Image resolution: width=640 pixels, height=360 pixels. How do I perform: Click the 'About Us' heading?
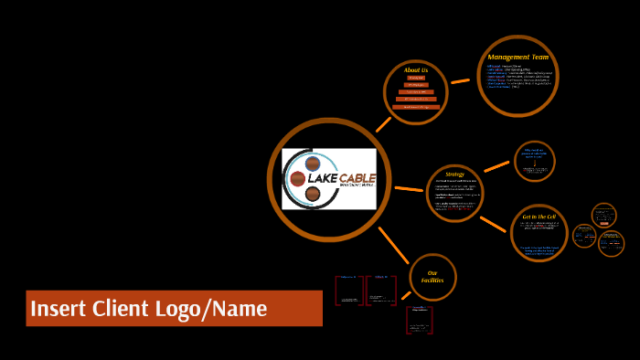416,70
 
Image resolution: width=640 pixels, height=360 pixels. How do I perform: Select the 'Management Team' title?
517,57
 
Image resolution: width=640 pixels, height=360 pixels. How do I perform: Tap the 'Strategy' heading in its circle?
454,174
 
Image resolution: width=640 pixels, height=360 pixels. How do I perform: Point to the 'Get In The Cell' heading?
539,217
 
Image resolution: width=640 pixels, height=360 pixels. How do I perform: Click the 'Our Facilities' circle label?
432,277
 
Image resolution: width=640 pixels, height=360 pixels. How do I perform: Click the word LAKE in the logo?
323,177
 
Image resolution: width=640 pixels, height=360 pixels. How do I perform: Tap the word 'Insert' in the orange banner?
59,309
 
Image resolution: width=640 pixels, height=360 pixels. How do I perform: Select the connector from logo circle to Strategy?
409,189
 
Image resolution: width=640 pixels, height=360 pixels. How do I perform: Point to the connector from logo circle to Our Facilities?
394,245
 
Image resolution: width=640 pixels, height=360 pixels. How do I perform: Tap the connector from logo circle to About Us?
383,124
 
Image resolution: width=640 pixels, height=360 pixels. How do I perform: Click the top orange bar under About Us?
416,78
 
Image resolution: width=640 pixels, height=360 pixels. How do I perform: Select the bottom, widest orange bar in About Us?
416,107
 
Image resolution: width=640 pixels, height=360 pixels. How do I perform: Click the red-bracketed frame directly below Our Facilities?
419,320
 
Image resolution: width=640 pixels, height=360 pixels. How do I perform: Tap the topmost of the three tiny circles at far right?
603,216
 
